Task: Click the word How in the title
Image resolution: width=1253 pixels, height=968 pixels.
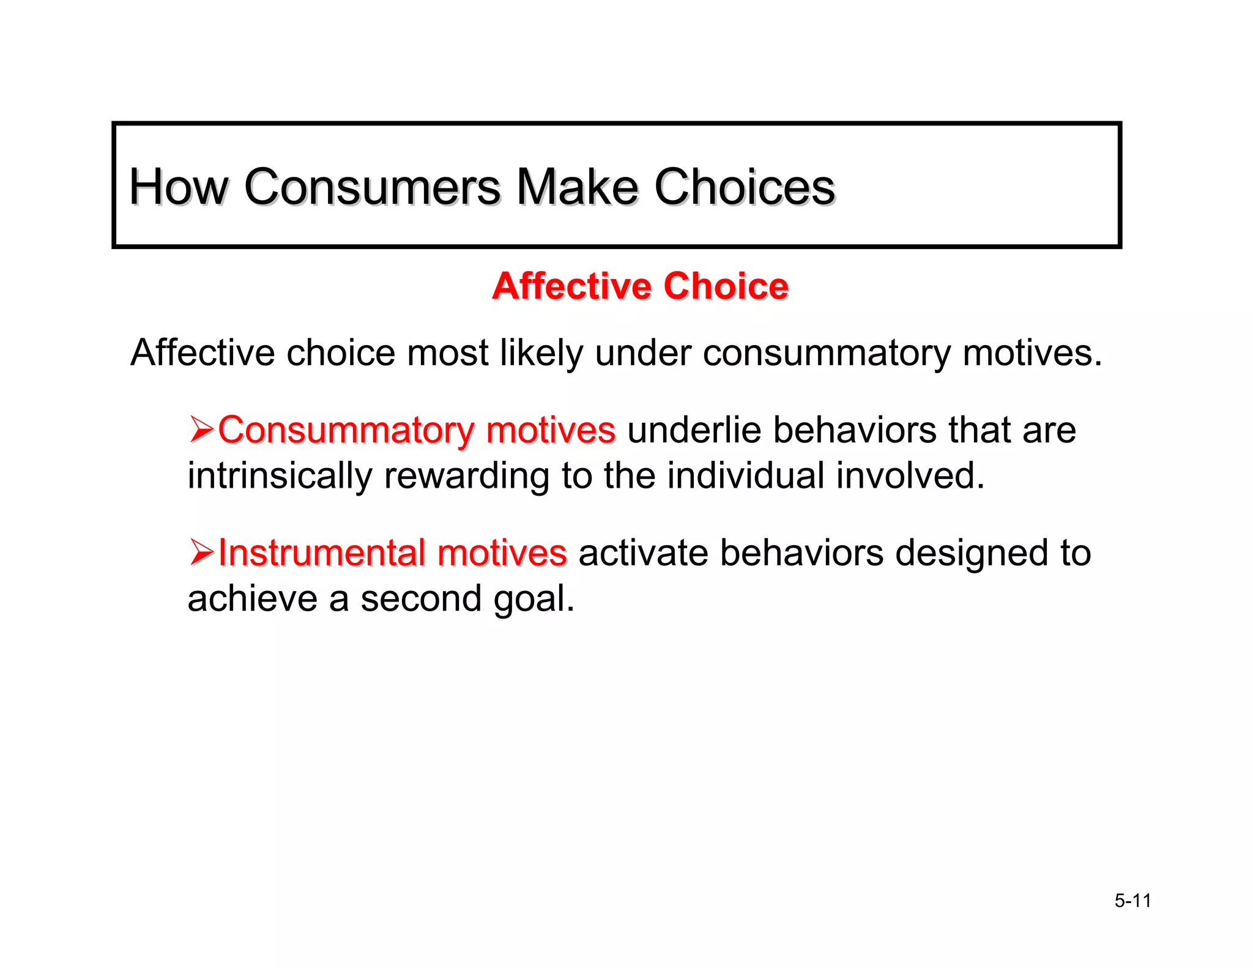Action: [x=178, y=187]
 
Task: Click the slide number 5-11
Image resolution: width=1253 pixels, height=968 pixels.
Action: [x=1132, y=901]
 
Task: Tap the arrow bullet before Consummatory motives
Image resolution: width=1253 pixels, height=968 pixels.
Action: [x=201, y=430]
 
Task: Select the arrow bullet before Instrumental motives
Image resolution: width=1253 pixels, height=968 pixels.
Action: [x=201, y=553]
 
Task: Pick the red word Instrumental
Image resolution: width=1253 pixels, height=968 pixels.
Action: [x=321, y=553]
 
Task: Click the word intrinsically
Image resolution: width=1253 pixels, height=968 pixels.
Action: [x=279, y=475]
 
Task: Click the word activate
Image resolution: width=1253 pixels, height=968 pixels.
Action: [x=642, y=553]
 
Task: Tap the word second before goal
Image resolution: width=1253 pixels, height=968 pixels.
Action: [x=421, y=598]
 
